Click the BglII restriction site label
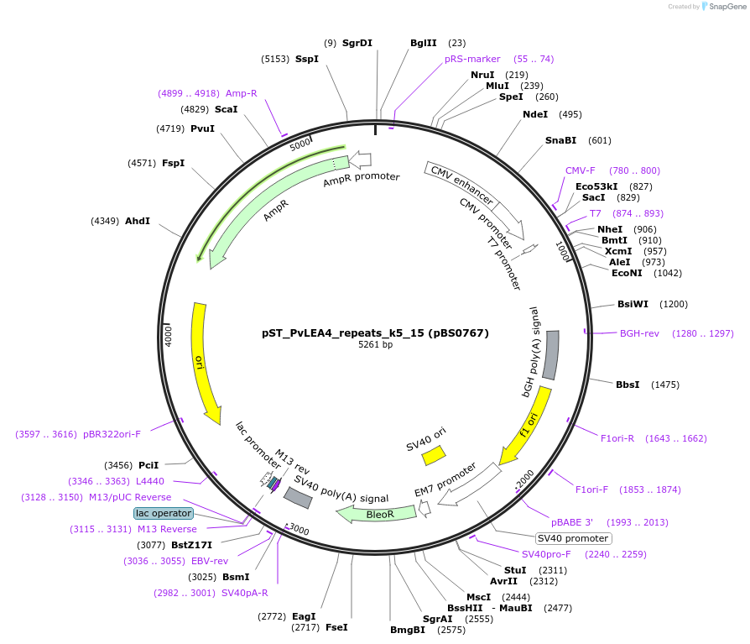tap(424, 43)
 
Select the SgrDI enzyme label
tap(357, 43)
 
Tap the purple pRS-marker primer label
tap(472, 59)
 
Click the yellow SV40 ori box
tap(434, 455)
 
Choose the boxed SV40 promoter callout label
tap(574, 538)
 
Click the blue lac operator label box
tap(164, 513)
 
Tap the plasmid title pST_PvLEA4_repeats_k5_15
tap(375, 332)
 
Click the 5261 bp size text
tap(375, 345)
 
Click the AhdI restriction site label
tap(138, 221)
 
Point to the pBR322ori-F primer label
tap(112, 434)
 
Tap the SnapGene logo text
tap(727, 7)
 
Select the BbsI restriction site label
tap(628, 385)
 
